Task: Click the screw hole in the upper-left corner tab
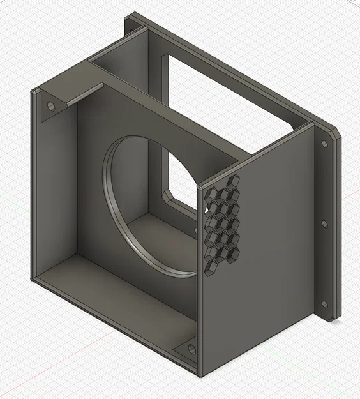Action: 50,105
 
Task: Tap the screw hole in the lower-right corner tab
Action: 191,349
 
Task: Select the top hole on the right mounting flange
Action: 324,144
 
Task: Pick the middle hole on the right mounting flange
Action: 324,224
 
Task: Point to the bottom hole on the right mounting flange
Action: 324,305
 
